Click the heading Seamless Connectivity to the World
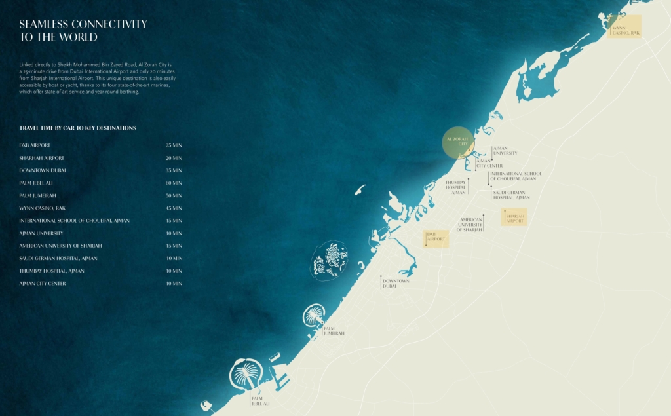pyautogui.click(x=83, y=30)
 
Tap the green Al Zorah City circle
pyautogui.click(x=457, y=142)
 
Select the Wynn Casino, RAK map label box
pyautogui.click(x=624, y=28)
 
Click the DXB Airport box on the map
pyautogui.click(x=435, y=238)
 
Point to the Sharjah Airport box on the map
pyautogui.click(x=514, y=217)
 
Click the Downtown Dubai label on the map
pyautogui.click(x=396, y=283)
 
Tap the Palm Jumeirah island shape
pyautogui.click(x=314, y=316)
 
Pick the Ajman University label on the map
pyautogui.click(x=505, y=151)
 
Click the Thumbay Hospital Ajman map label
pyautogui.click(x=455, y=187)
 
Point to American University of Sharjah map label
pyautogui.click(x=470, y=225)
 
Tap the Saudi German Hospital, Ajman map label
pyautogui.click(x=512, y=195)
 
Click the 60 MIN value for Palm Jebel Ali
pyautogui.click(x=174, y=183)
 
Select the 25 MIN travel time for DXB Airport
pyautogui.click(x=174, y=145)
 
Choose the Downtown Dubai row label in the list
pyautogui.click(x=43, y=170)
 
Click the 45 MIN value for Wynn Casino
pyautogui.click(x=174, y=208)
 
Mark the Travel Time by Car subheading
pyautogui.click(x=77, y=128)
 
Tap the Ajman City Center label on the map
pyautogui.click(x=489, y=163)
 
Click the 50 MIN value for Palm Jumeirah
pyautogui.click(x=174, y=195)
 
